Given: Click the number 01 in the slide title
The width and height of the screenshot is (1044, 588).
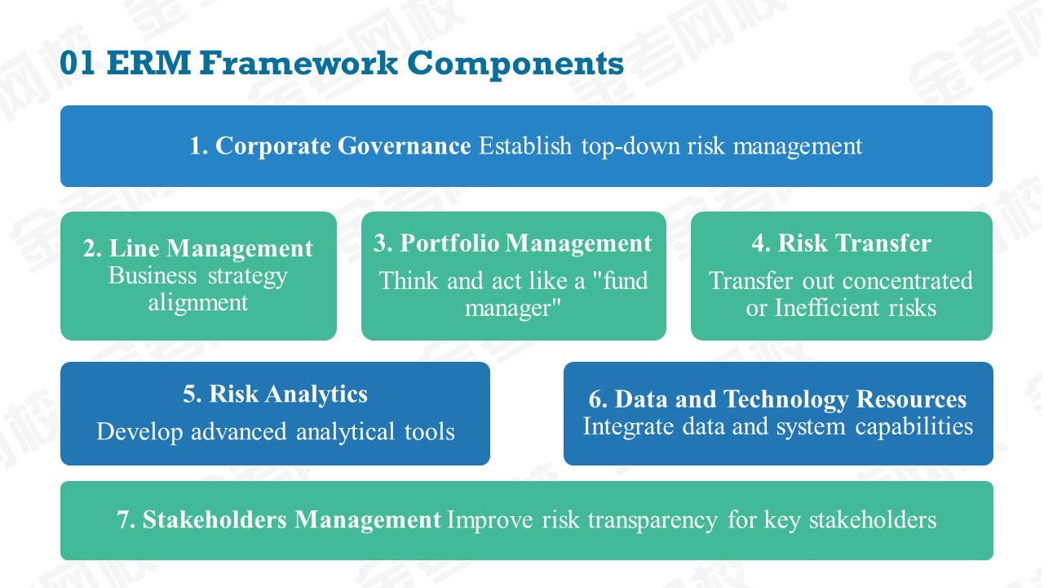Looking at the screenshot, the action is tap(77, 63).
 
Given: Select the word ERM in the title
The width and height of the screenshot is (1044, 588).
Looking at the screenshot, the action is tap(149, 63).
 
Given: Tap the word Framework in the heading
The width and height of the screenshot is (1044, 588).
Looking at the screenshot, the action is tap(299, 63).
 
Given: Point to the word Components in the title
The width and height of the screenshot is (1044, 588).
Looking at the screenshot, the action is tap(515, 64).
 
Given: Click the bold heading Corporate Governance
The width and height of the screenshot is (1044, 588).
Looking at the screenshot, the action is tap(343, 145).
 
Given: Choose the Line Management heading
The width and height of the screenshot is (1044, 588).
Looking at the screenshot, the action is tap(211, 247).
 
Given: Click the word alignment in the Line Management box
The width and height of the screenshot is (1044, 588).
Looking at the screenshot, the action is tap(198, 303).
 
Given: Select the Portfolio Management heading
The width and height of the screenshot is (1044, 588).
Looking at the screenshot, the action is tap(526, 243).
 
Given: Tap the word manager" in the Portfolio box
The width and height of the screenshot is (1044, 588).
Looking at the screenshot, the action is tap(513, 308).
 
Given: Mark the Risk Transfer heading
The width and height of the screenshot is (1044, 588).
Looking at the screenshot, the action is tap(855, 243).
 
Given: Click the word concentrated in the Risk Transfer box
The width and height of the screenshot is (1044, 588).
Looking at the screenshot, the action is tap(908, 281).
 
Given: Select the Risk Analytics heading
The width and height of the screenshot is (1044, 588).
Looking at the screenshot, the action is tap(289, 394).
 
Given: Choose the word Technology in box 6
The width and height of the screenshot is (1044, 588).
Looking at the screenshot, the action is tap(785, 399).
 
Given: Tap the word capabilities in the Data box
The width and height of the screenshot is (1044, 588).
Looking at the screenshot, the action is tap(914, 426).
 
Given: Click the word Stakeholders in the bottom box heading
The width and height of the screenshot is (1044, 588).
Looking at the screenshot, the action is tap(215, 520).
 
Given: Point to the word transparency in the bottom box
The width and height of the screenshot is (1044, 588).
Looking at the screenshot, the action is tap(652, 521).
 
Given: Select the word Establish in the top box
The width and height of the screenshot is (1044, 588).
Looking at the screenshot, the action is tap(525, 145).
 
